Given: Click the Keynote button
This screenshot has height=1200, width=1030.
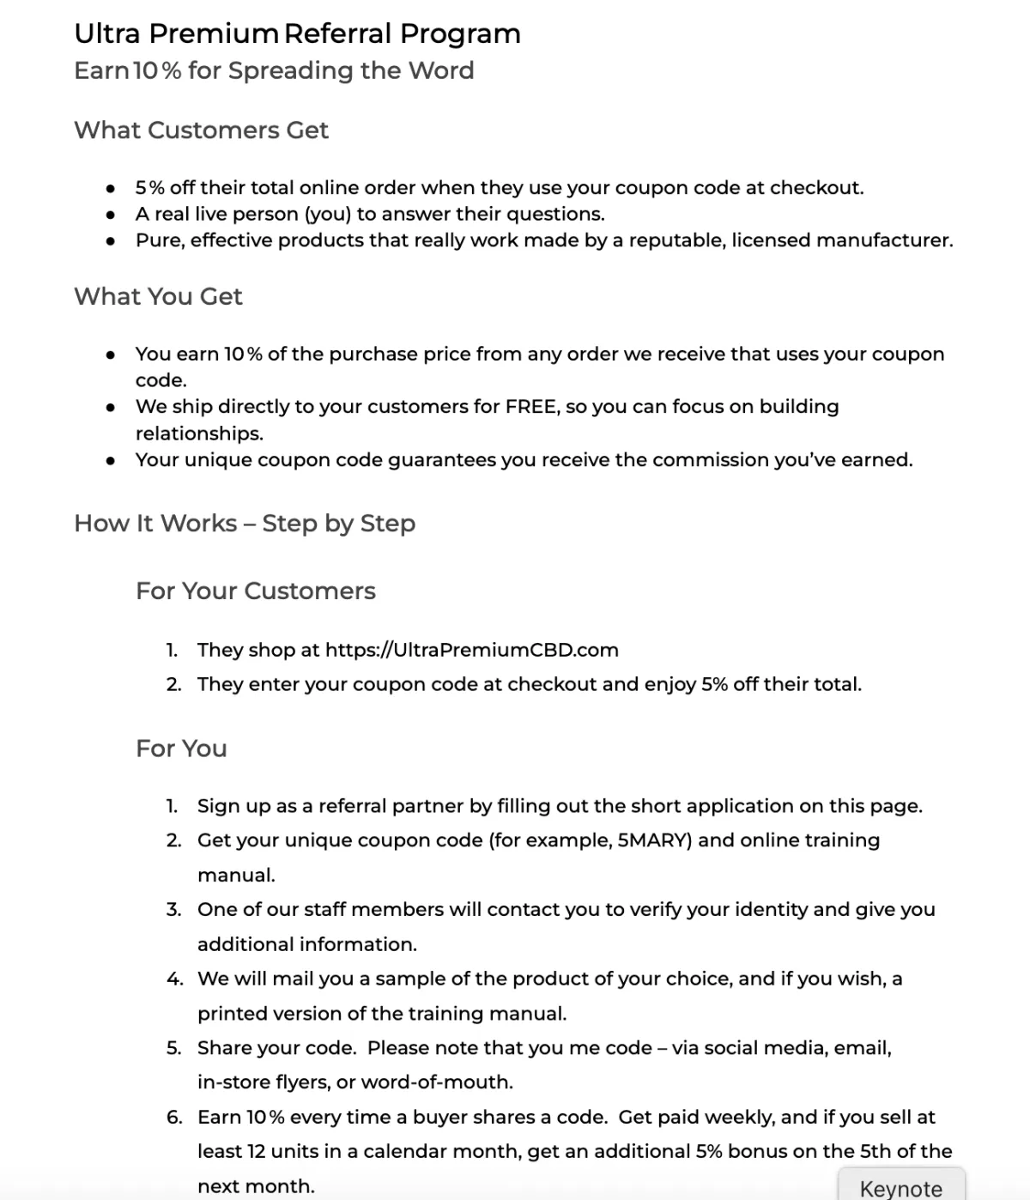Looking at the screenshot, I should (x=900, y=1187).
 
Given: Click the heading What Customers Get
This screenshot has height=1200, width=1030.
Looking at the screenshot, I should (x=201, y=130).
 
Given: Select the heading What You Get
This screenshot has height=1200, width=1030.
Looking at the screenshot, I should (x=158, y=297).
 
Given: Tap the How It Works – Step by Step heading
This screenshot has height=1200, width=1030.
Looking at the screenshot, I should (x=245, y=524).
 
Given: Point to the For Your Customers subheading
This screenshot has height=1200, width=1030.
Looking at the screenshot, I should (x=255, y=591).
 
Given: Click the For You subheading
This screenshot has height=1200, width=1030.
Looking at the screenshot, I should (x=181, y=748).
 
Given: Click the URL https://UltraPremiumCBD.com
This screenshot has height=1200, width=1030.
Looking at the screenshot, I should (x=471, y=650).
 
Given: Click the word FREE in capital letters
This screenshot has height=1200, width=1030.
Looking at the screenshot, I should (x=532, y=407).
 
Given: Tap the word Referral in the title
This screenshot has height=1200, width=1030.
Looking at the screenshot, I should (x=338, y=33).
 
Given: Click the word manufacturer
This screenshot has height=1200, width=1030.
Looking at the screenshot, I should (x=884, y=240).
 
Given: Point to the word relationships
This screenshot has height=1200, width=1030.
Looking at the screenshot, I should (x=199, y=433).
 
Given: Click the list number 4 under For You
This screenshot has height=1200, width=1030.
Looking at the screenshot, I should (x=174, y=979).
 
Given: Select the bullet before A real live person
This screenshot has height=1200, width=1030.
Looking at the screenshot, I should (x=111, y=215).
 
